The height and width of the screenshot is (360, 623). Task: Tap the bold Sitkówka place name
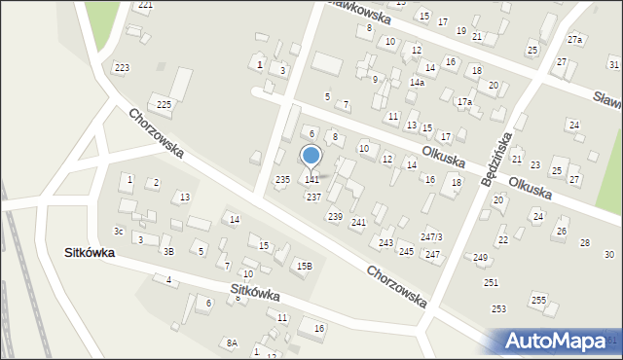(x=90, y=252)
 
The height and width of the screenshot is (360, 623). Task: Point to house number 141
(x=311, y=180)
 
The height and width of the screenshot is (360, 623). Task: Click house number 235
(x=282, y=180)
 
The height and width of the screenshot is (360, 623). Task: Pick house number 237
(x=313, y=197)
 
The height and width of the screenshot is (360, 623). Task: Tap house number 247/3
(x=431, y=237)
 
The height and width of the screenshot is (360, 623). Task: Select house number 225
(x=165, y=104)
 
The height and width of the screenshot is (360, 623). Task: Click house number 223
(x=122, y=67)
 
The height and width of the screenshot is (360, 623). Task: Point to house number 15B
(x=305, y=266)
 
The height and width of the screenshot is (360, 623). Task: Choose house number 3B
(x=168, y=252)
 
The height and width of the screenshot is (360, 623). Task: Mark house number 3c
(x=118, y=232)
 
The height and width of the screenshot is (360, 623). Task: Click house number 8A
(x=232, y=342)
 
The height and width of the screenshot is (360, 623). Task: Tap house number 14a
(x=417, y=83)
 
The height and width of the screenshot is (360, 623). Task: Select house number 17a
(x=465, y=102)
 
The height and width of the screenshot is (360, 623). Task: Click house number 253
(x=498, y=308)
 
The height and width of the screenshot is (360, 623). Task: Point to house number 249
(x=481, y=257)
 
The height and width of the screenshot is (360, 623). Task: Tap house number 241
(x=358, y=223)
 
